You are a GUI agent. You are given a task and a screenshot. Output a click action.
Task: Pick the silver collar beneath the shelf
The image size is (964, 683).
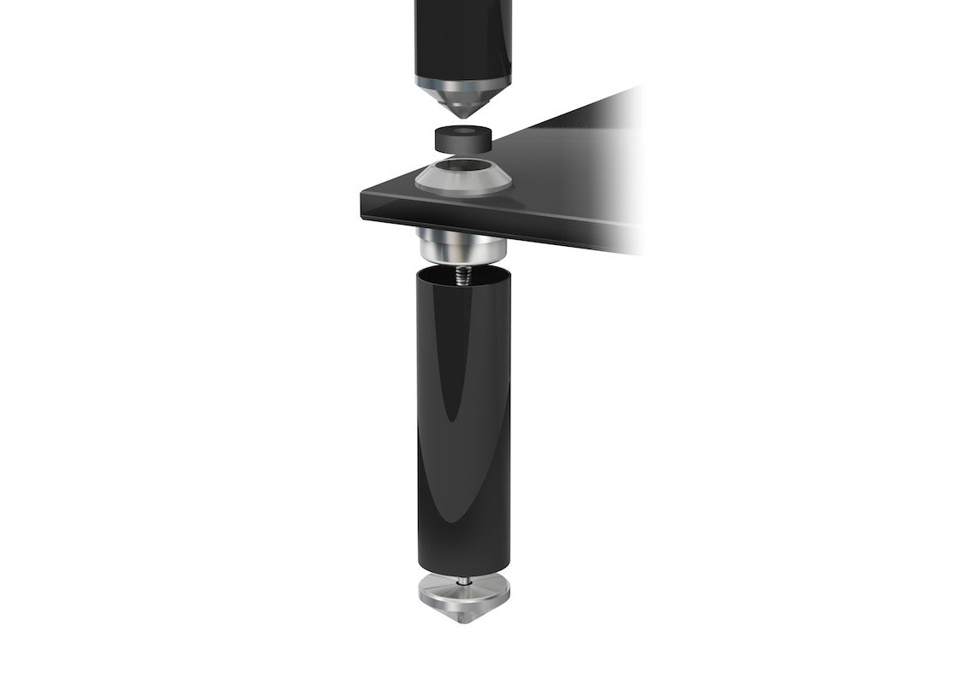click(x=461, y=247)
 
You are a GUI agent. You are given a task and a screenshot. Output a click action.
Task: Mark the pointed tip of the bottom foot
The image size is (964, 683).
click(x=462, y=628)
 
